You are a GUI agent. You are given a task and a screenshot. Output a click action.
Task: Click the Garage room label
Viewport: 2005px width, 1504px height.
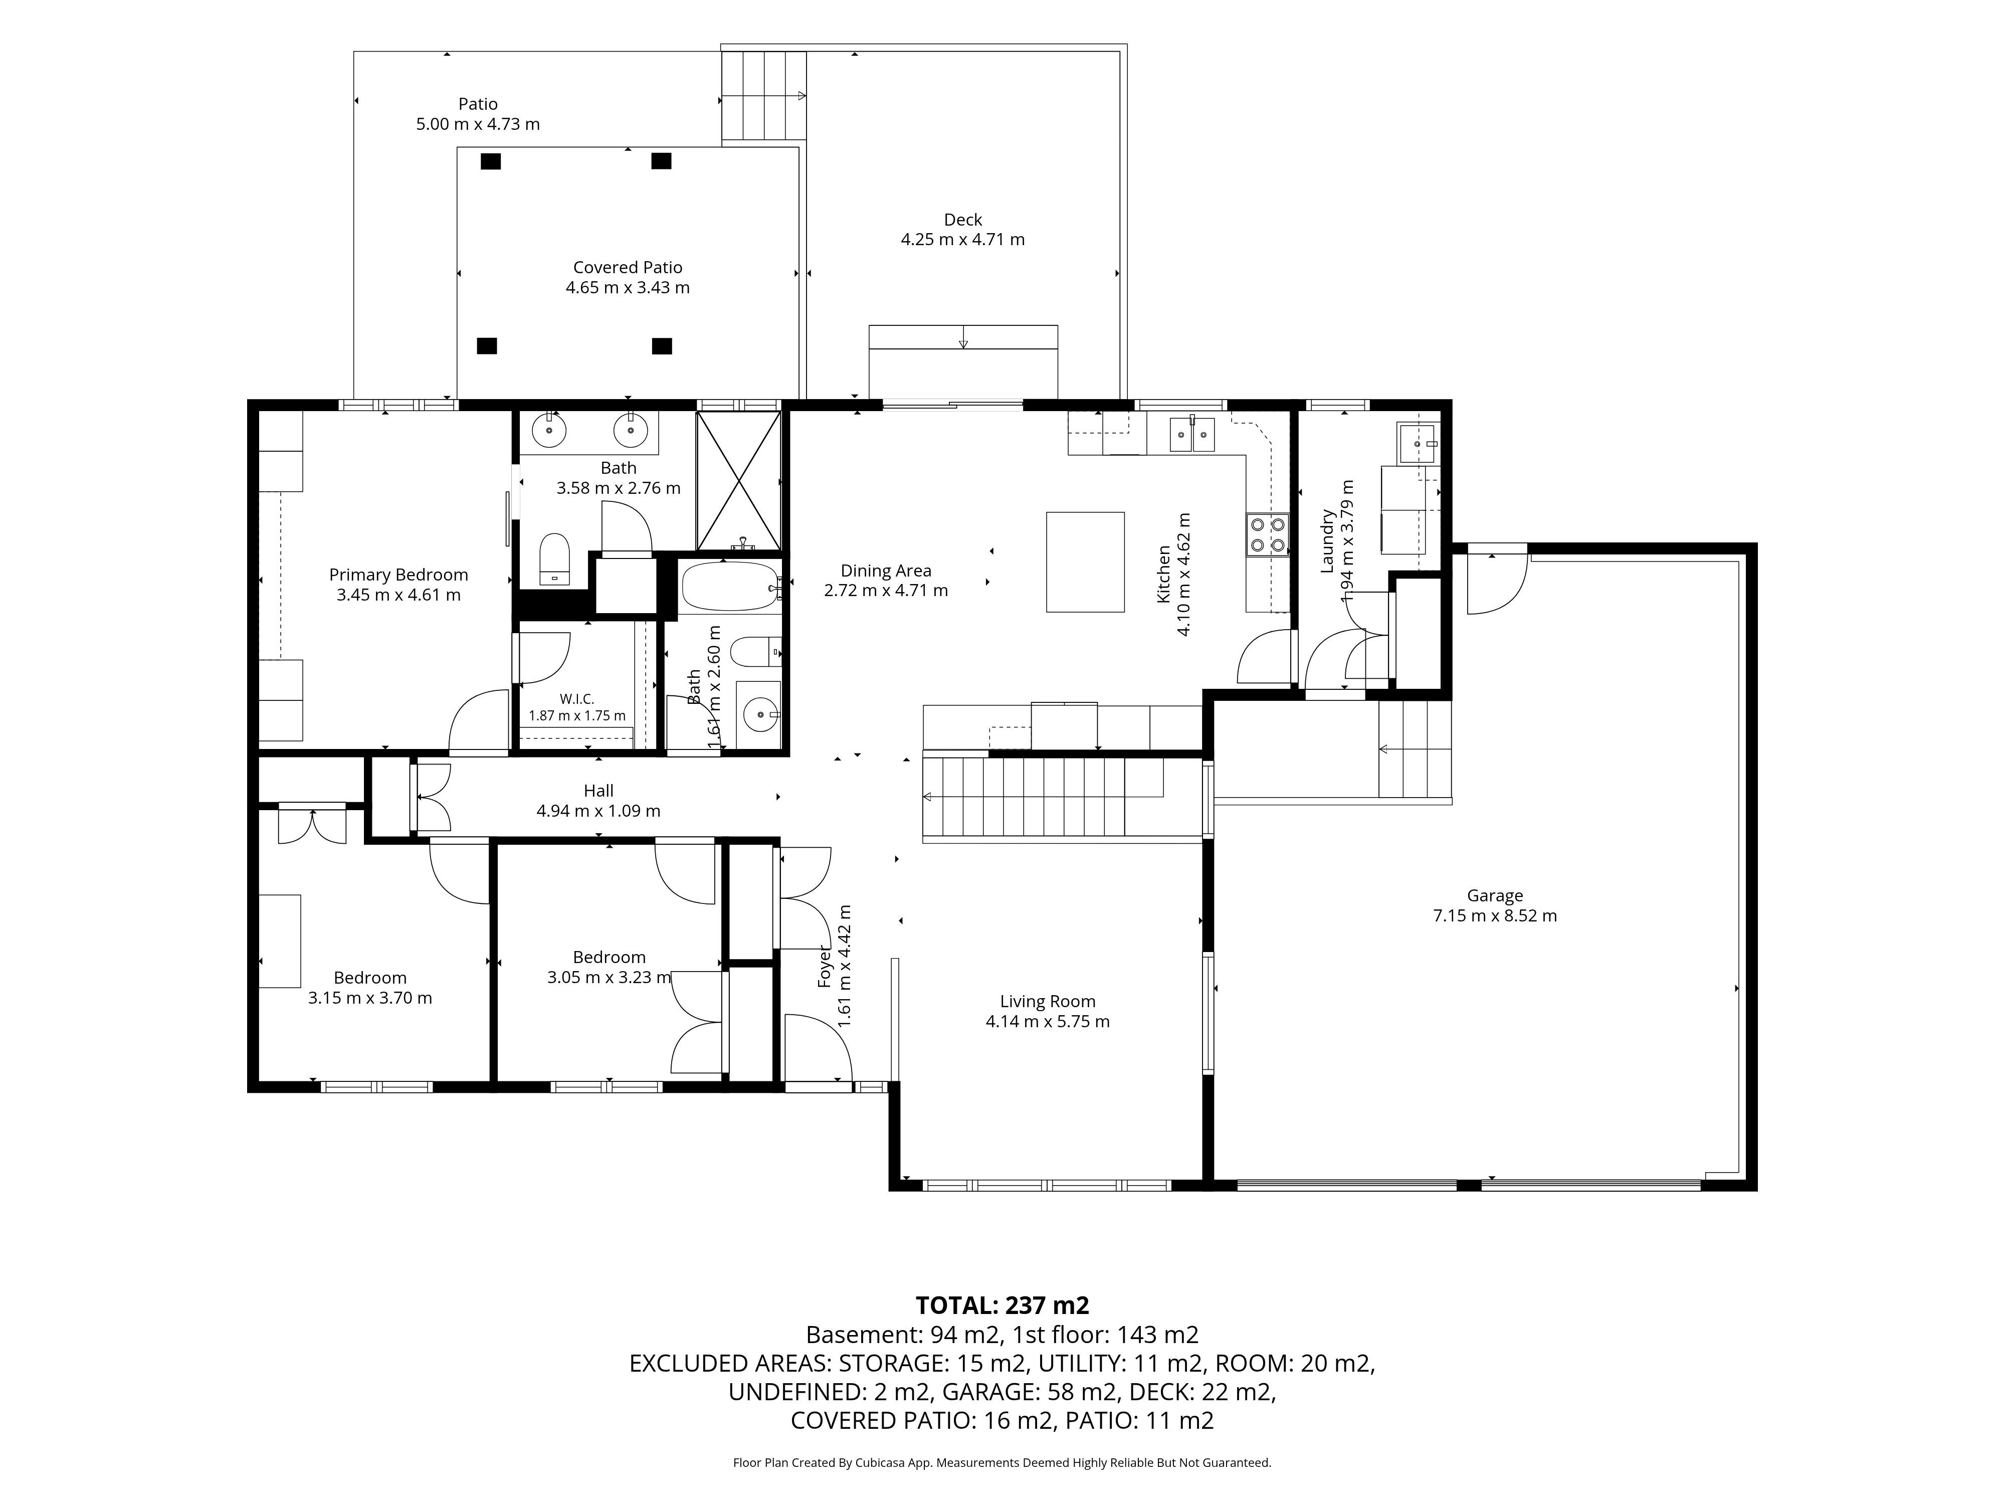click(1495, 896)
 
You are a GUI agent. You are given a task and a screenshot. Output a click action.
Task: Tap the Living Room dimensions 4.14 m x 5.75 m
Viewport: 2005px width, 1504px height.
click(1048, 1022)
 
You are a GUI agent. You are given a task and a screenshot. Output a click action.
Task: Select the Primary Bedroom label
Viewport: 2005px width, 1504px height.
click(399, 575)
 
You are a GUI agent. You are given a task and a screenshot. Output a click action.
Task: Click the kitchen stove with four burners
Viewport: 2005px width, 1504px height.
click(1267, 534)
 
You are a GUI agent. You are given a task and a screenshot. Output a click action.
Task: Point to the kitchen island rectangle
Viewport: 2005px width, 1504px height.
click(1085, 562)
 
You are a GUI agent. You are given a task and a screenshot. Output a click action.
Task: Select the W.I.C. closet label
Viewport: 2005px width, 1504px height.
click(576, 699)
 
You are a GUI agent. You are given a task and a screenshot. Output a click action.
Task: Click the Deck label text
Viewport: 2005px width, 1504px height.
click(962, 220)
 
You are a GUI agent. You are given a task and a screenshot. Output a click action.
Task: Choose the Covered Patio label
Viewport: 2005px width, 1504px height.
click(627, 267)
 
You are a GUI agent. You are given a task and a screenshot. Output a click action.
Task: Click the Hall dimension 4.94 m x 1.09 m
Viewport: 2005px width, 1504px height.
click(598, 811)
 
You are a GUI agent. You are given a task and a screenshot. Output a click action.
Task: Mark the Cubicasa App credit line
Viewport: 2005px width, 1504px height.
click(1001, 1462)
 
